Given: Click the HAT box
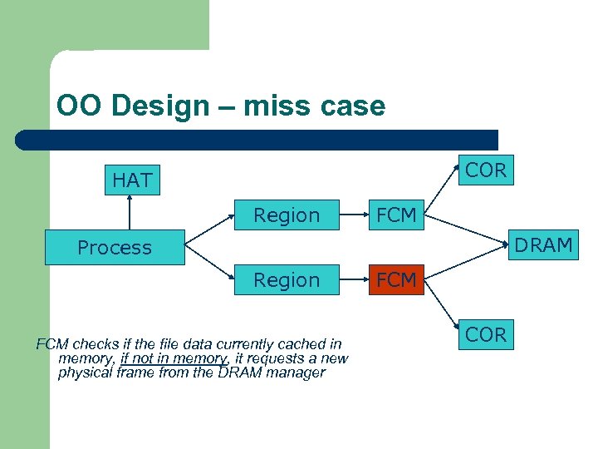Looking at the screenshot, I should click(132, 180).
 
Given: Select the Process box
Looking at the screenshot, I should click(115, 248).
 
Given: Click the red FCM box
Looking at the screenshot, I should click(396, 280).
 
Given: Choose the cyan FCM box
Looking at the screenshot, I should click(396, 215).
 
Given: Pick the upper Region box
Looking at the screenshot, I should click(287, 215).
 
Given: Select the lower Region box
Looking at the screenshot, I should click(287, 280).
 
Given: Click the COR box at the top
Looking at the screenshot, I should click(486, 170).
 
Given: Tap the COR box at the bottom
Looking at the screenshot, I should click(486, 335).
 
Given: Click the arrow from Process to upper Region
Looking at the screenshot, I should click(208, 232).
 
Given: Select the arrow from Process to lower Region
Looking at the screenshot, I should click(208, 264).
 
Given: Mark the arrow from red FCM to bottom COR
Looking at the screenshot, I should click(442, 308).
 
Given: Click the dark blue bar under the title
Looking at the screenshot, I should click(257, 140).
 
